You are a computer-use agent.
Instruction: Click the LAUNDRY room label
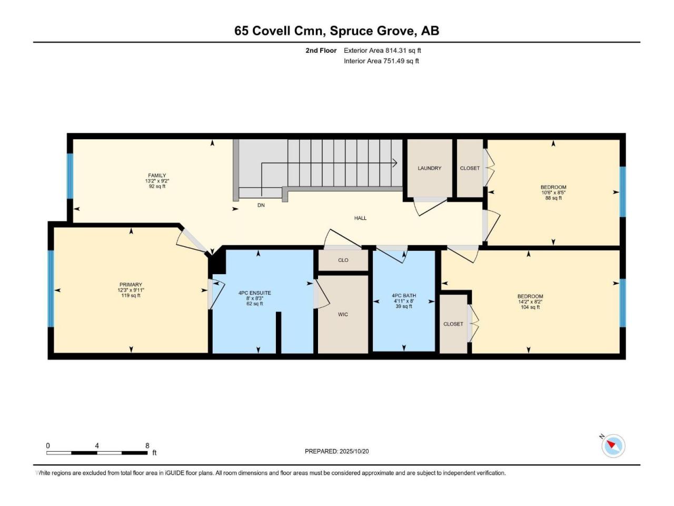click(x=429, y=168)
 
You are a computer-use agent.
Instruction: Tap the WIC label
click(x=343, y=314)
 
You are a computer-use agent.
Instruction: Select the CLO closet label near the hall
click(x=343, y=260)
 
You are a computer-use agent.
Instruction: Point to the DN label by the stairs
click(x=261, y=205)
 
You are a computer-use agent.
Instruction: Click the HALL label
click(x=360, y=218)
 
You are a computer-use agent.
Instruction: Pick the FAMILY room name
click(x=157, y=176)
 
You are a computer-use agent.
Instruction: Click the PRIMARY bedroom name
click(x=131, y=285)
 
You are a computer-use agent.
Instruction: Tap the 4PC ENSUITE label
click(x=254, y=293)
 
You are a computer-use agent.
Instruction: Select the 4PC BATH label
click(x=404, y=296)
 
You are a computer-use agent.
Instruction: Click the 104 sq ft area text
click(x=530, y=307)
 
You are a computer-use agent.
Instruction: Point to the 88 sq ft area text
click(x=553, y=198)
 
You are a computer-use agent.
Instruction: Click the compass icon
click(x=613, y=446)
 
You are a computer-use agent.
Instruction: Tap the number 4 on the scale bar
click(x=97, y=446)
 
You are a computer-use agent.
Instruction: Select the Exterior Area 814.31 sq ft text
click(x=382, y=51)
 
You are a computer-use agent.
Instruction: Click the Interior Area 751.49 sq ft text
click(x=381, y=61)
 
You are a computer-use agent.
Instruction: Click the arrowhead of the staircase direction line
click(x=395, y=163)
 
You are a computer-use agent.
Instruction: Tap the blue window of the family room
click(x=70, y=176)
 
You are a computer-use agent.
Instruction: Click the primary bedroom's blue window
click(x=51, y=288)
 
